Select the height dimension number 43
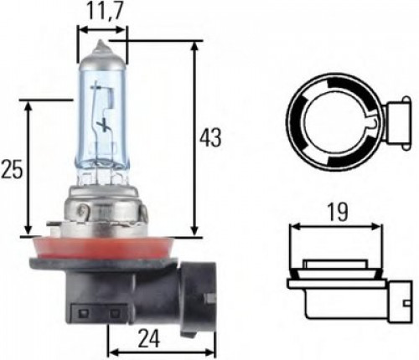211,137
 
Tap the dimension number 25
12,169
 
